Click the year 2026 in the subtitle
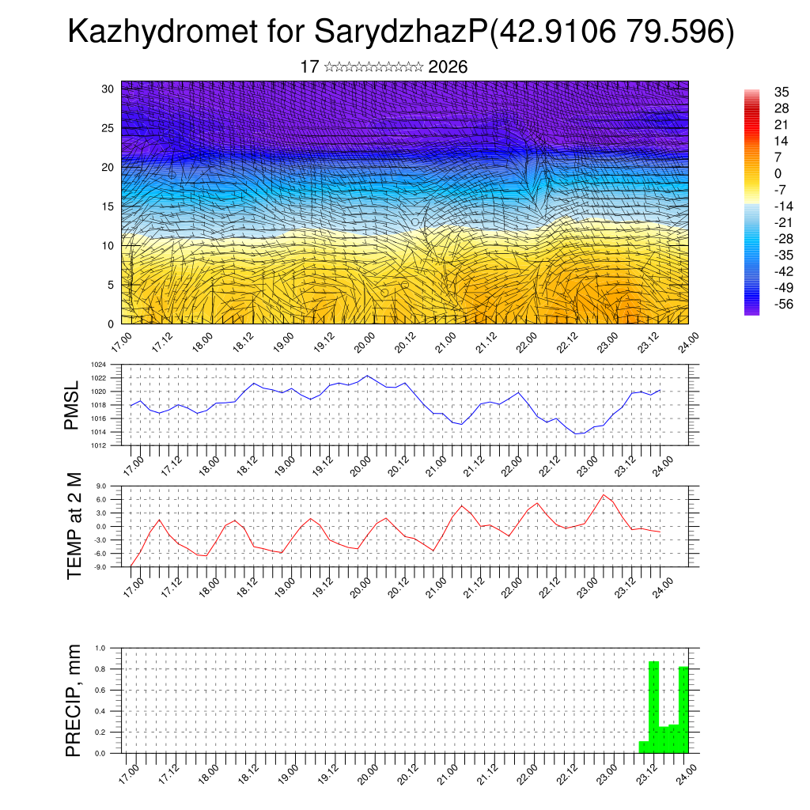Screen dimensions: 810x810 (448, 67)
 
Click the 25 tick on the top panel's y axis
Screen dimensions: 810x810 (108, 127)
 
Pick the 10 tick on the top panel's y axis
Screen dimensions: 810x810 (108, 245)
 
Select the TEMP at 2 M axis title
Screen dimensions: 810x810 (74, 525)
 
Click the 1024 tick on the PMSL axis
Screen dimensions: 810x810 (98, 365)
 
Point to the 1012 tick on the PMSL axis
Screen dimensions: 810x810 (98, 445)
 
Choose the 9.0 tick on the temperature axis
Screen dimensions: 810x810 (101, 486)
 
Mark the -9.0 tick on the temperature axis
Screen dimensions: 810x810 (100, 567)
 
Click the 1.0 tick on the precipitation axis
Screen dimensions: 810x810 (100, 648)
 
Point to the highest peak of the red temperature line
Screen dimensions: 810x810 (604, 495)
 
